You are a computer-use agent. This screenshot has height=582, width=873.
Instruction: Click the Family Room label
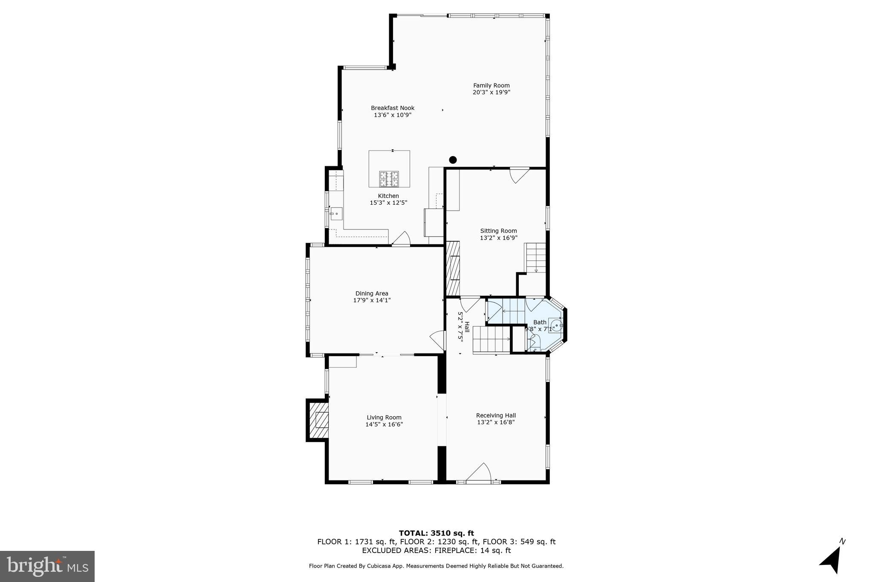491,85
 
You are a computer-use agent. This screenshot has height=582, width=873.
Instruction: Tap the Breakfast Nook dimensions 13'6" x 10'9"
393,115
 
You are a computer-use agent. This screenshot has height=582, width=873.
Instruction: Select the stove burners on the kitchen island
389,179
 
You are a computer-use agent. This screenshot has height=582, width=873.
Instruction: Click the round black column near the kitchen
453,160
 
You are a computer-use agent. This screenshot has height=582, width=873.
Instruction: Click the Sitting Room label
498,231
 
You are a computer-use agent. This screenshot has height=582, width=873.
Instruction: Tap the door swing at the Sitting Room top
519,174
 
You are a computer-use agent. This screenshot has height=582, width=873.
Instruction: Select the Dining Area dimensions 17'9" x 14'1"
372,300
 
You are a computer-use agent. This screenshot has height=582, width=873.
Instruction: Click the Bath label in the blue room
540,322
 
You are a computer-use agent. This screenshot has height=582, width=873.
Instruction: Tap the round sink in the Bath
556,325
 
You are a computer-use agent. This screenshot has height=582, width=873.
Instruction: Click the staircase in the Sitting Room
535,257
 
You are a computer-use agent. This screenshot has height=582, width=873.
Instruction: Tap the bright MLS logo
47,566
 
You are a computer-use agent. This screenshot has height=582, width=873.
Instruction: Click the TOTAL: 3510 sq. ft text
436,533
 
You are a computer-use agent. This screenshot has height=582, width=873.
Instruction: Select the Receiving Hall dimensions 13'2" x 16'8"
496,423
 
